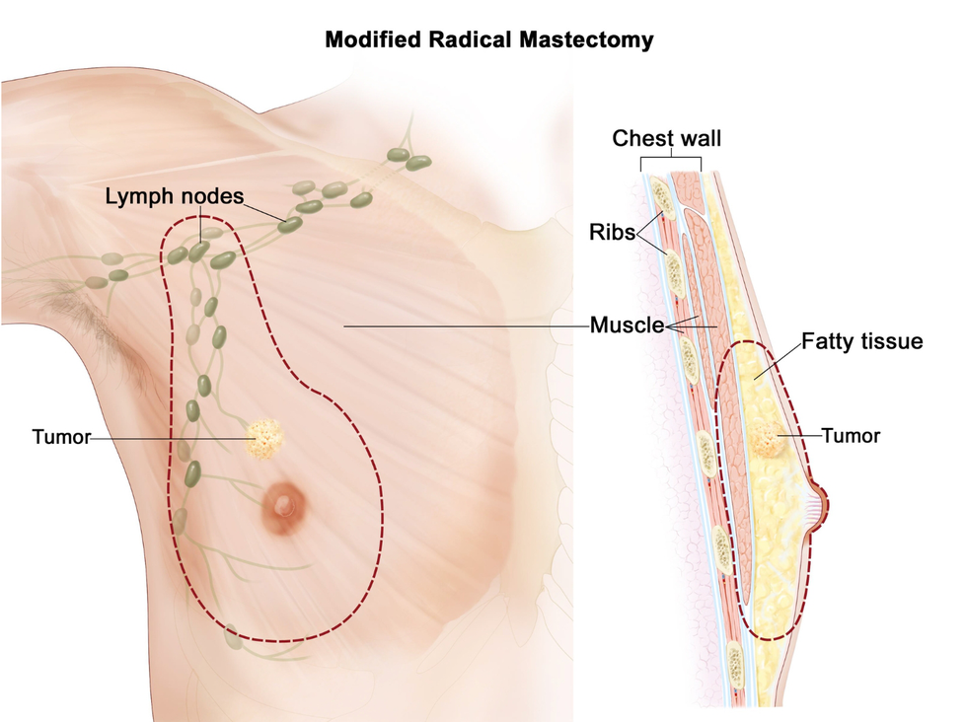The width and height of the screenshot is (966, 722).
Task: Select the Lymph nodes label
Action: coord(175,196)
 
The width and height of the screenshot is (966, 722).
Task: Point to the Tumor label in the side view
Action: coord(851,434)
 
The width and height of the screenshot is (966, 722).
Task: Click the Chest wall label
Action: coord(667,138)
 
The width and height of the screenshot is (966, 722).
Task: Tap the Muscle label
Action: coord(625,325)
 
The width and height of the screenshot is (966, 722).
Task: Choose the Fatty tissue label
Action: coord(862,342)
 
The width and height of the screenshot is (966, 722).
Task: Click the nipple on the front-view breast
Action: coord(284,505)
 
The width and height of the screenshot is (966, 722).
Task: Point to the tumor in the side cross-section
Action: coord(770,442)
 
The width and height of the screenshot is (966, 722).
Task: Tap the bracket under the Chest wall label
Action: coord(671,160)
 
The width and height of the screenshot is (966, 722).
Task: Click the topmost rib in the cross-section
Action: coord(663,198)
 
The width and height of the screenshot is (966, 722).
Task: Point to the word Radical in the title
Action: coord(474,40)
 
